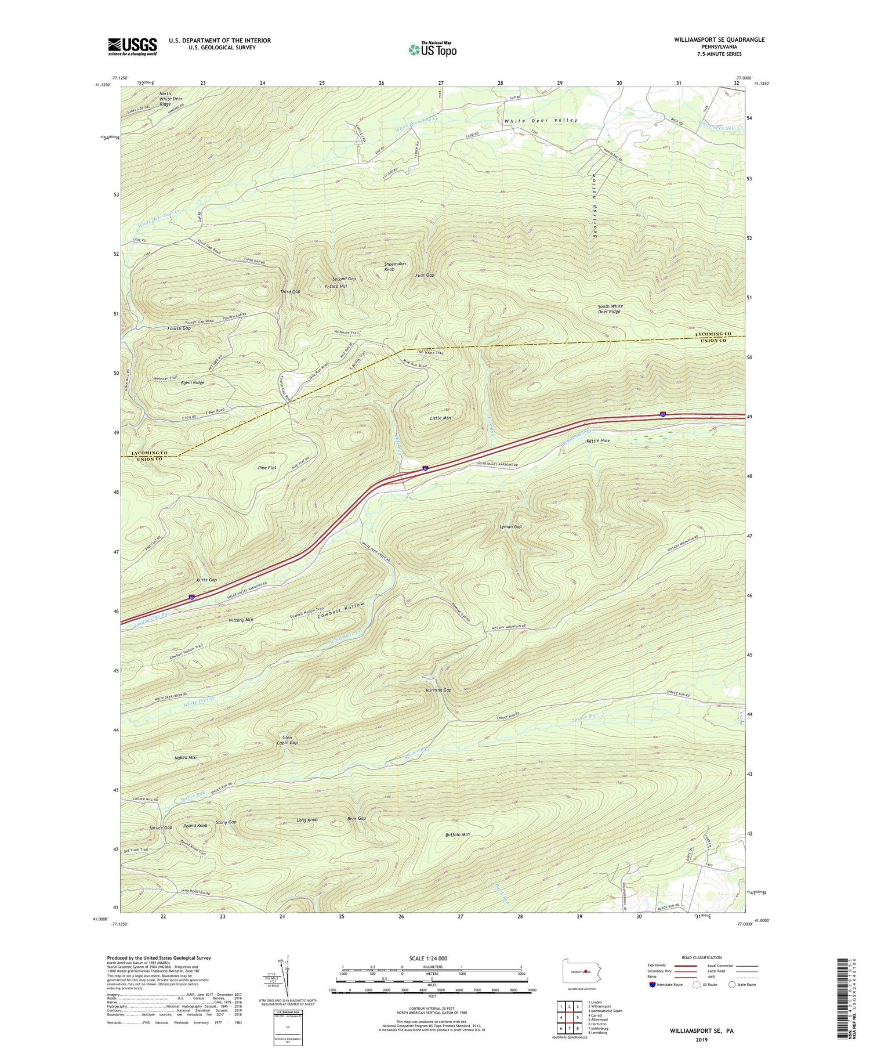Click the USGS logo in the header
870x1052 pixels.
coord(132,46)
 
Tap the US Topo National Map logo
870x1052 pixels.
coord(432,49)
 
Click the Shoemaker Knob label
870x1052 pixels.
coord(394,266)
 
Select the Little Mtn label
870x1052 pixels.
coord(440,418)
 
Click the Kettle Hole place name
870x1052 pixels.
coord(598,441)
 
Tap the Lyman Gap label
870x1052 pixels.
coord(511,527)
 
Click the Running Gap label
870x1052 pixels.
coord(438,691)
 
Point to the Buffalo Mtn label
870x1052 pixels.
coord(457,835)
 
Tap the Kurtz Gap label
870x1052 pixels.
coord(206,580)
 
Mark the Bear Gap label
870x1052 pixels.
coord(356,819)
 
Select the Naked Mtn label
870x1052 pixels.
coord(185,758)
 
